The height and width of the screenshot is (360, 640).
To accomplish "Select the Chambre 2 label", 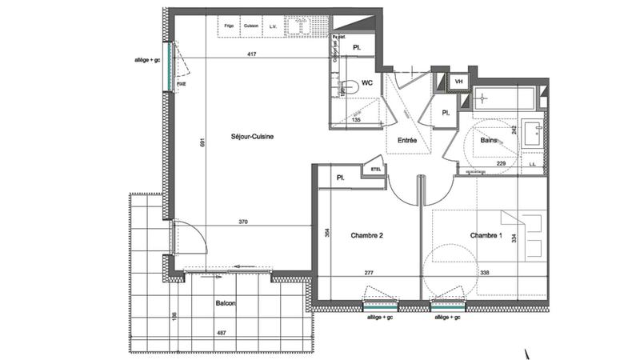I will pos(368,235).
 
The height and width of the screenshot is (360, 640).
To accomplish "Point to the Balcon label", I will pos(226,304).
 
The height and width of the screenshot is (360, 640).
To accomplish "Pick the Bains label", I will pos(490,141).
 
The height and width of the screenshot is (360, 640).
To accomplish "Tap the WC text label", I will pos(369,82).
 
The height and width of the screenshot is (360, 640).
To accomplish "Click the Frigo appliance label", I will pos(230,26).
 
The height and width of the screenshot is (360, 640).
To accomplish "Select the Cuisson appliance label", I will pos(251,26).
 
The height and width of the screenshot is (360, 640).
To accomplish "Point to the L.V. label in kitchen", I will pos(273,26).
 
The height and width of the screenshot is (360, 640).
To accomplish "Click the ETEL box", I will pos(374,169).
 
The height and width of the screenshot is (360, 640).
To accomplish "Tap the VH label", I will pos(459,82).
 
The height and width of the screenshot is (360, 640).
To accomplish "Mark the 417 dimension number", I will pos(252,54).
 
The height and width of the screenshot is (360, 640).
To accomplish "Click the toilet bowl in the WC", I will pos(350,86).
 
